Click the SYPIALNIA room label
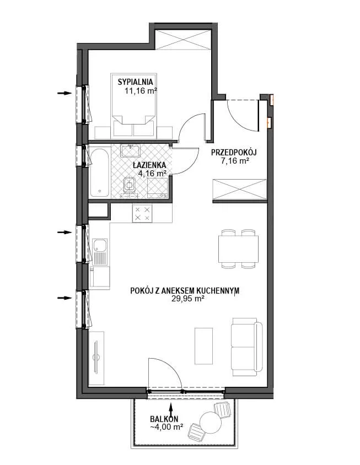click(x=135, y=82)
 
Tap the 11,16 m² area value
click(x=141, y=91)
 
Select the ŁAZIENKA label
click(x=149, y=165)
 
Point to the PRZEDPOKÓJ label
click(x=234, y=153)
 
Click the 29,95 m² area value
click(x=187, y=299)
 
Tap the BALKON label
click(x=164, y=419)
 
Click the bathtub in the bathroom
click(x=100, y=172)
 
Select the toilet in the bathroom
click(x=129, y=186)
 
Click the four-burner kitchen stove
click(x=142, y=213)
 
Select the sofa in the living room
click(x=248, y=347)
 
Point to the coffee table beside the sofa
click(x=203, y=346)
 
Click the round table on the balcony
click(x=211, y=423)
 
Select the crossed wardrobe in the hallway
click(x=239, y=189)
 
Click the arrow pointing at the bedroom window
click(x=65, y=93)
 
